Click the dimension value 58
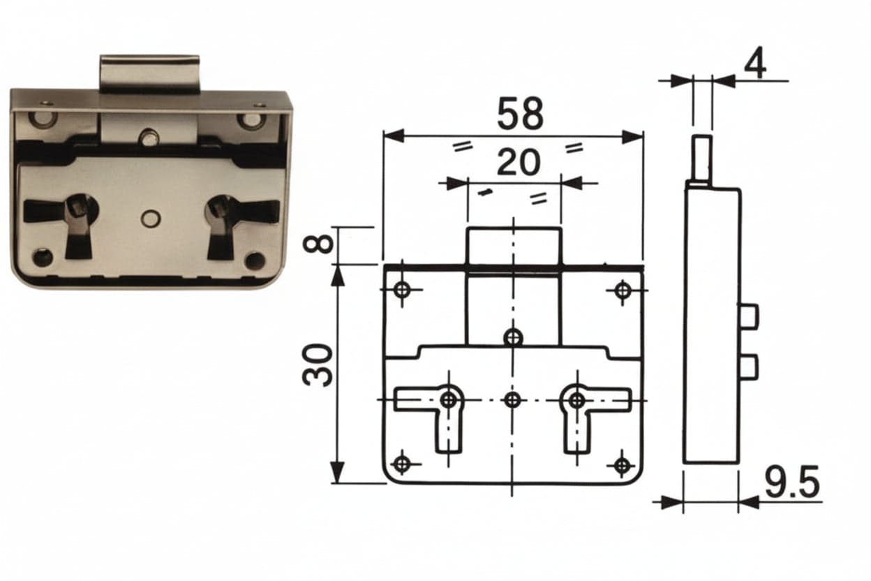[x=520, y=115]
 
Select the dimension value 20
[x=519, y=162]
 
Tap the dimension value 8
[x=318, y=240]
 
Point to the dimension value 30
[x=318, y=365]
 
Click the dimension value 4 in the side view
[x=755, y=64]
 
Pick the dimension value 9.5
[x=792, y=483]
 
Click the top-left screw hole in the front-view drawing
[x=402, y=290]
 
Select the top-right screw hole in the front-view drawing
[x=624, y=290]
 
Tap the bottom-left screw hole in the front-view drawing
[x=402, y=464]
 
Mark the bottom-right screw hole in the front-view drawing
[x=623, y=464]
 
